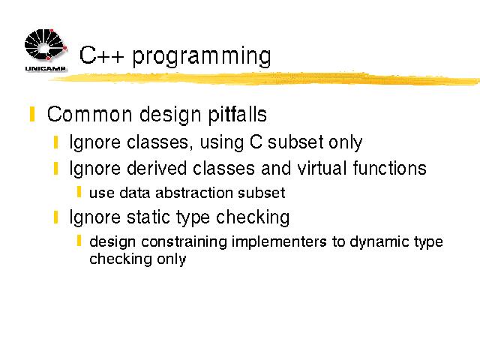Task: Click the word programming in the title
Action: (202, 56)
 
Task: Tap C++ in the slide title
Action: (102, 55)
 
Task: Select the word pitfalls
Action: (238, 115)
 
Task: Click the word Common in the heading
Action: (90, 114)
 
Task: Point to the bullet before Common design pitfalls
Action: (32, 114)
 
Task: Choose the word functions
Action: (390, 168)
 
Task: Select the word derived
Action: (157, 168)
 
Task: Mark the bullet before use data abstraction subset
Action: (79, 192)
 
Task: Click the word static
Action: (148, 217)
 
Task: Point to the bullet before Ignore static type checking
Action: (55, 217)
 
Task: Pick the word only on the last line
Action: (172, 259)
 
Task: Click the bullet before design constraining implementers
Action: (79, 241)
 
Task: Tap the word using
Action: (222, 142)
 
